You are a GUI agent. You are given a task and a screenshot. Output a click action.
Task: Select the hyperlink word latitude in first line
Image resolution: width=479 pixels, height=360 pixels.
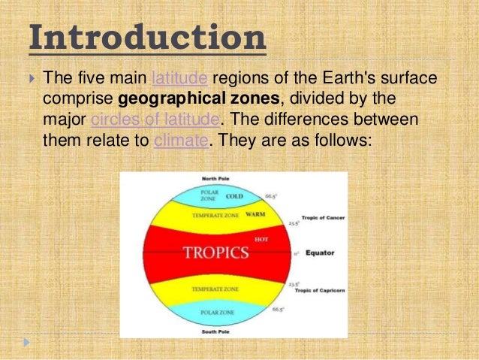[x=179, y=78]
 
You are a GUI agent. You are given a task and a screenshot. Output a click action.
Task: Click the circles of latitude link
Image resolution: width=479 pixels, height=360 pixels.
[x=155, y=120]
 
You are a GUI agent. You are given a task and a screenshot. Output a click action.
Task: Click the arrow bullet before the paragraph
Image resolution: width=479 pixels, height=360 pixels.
[x=30, y=78]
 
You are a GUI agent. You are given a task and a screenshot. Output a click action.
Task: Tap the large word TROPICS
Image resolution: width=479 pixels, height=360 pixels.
[x=216, y=253]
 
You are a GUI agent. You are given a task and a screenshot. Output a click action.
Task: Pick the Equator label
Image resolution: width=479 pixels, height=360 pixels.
[x=320, y=253]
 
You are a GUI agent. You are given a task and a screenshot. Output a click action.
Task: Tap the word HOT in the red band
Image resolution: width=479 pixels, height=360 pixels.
[x=262, y=239]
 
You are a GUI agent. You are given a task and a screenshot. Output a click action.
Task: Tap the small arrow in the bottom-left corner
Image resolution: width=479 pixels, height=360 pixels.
[x=29, y=343]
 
